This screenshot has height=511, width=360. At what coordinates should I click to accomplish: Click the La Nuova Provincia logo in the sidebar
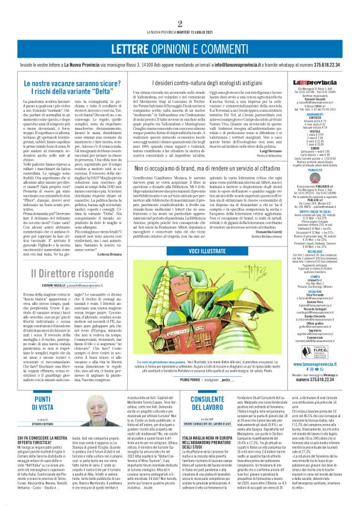click(x=317, y=82)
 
